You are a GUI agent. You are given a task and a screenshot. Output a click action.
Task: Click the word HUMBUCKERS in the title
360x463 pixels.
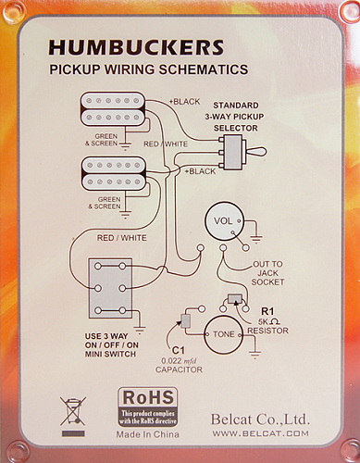point(136,47)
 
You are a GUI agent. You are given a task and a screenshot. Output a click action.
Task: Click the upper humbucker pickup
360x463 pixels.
point(113,109)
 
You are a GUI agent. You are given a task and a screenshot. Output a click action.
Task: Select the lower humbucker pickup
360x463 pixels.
point(114,173)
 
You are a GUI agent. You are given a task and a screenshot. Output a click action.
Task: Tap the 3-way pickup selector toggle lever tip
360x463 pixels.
point(265,152)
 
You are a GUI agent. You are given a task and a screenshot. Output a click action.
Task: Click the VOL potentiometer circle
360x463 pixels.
point(224,221)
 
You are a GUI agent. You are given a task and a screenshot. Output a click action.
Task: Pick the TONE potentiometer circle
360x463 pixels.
point(224,334)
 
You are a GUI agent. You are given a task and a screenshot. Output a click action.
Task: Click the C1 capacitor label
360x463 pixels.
point(179,350)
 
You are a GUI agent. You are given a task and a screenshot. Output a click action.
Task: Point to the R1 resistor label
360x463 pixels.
point(267,311)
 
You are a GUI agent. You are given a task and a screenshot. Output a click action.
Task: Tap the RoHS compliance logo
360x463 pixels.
point(148,407)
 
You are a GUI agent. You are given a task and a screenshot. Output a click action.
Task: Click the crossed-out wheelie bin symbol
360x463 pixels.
point(73,412)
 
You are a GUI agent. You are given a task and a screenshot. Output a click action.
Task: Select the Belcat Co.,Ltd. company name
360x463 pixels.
point(260,419)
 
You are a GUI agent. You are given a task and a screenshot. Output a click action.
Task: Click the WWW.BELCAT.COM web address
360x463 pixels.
point(260,433)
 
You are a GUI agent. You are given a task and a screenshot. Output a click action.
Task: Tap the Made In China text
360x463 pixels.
point(147,434)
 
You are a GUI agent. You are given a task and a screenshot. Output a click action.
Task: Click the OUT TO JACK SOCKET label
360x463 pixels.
point(267,273)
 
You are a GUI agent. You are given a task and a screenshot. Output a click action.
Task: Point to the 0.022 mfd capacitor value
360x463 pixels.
point(179,361)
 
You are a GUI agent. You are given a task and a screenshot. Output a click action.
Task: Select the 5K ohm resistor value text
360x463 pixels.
point(269,321)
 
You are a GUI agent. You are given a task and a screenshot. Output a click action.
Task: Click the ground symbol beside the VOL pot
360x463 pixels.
point(256,239)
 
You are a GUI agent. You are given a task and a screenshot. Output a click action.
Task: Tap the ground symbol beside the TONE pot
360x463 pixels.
point(254,354)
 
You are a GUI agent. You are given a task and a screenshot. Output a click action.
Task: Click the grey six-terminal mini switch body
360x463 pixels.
point(110,288)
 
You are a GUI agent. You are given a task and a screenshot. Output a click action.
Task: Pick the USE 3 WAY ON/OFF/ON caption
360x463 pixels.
point(111,344)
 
